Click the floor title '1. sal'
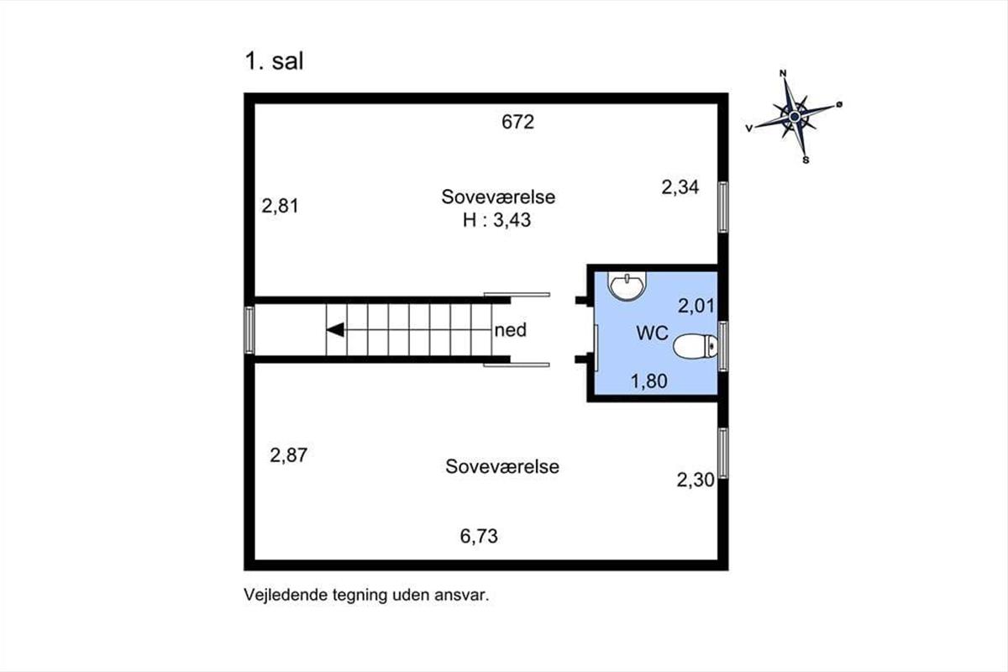tap(274, 60)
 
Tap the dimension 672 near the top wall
tap(518, 122)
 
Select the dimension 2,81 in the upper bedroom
tap(280, 206)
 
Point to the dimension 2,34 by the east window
tap(680, 187)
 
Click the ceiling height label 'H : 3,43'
tap(497, 220)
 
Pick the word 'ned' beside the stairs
tap(511, 330)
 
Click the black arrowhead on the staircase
tap(335, 330)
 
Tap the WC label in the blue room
tap(652, 333)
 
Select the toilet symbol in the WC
tap(696, 346)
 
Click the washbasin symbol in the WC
tap(627, 286)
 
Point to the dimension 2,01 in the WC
tap(696, 306)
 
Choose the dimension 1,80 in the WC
tap(648, 381)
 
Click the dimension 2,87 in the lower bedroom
tap(288, 455)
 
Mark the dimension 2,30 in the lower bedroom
tap(696, 480)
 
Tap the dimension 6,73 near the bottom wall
tap(479, 536)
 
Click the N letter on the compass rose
tap(783, 73)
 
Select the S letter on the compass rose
tap(806, 160)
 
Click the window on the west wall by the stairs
tap(249, 330)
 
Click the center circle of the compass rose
tap(795, 117)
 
